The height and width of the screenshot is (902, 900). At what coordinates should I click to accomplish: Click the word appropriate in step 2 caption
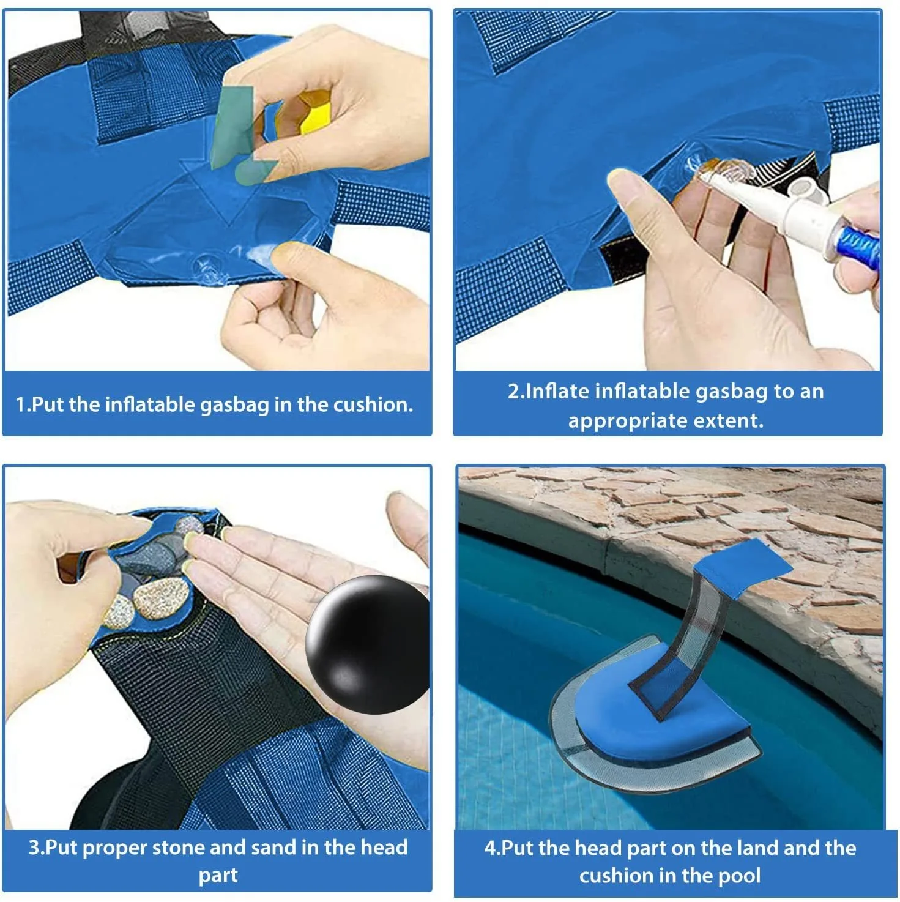(x=626, y=422)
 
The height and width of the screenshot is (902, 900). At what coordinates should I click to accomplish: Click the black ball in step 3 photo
(x=368, y=644)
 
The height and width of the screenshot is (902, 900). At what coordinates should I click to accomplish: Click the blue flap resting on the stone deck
(x=743, y=570)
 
